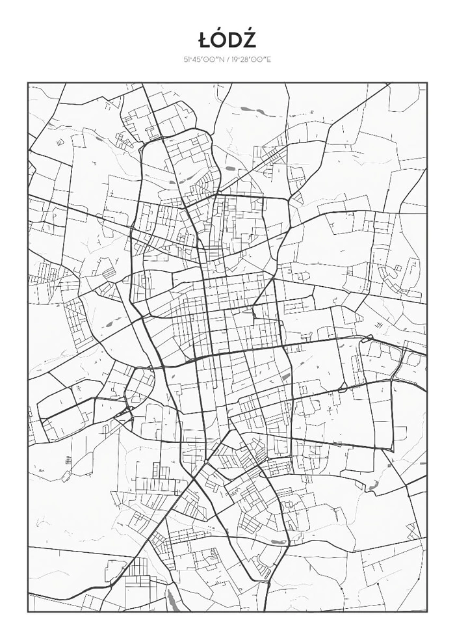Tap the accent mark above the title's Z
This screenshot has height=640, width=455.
point(250,30)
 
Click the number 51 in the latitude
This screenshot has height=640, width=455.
point(186,59)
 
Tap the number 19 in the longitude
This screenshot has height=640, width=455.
point(233,59)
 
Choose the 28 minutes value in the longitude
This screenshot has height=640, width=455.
point(244,59)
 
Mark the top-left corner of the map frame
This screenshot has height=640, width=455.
point(28,83)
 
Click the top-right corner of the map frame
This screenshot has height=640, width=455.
point(427,83)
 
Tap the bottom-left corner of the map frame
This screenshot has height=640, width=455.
point(28,612)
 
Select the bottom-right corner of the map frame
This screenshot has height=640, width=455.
point(427,612)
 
